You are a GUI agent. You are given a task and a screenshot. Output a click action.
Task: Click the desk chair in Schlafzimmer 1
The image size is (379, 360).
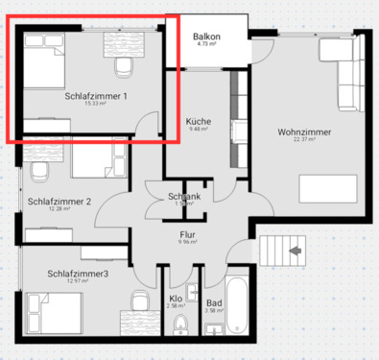122,66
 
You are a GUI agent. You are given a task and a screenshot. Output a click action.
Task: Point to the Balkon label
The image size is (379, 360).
206,36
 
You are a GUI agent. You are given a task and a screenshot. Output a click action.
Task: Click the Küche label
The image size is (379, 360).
199,122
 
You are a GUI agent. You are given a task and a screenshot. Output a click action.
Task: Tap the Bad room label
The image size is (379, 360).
214,301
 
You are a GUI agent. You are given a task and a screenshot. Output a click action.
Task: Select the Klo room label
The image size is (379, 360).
178,300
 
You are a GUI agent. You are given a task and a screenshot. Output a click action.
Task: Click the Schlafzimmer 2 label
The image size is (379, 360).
59,201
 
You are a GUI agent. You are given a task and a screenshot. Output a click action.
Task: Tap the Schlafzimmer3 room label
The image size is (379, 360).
77,274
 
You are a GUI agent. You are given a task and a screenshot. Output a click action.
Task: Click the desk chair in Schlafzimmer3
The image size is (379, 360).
137,300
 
